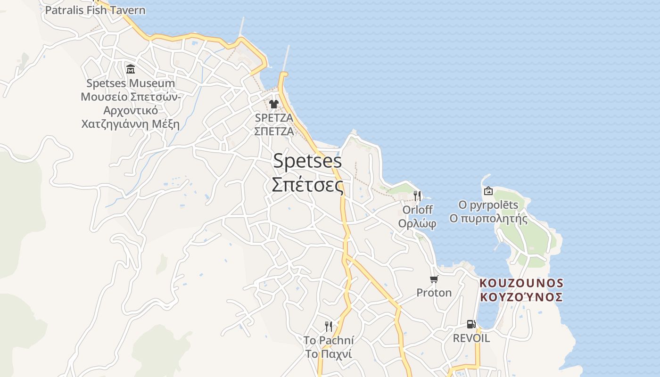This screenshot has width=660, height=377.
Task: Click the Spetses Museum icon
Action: tap(131, 69)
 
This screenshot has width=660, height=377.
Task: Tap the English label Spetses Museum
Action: tap(131, 83)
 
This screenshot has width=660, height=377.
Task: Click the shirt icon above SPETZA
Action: tap(274, 104)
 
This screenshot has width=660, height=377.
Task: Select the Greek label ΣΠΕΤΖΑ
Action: tap(274, 131)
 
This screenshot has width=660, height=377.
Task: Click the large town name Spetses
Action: tap(307, 161)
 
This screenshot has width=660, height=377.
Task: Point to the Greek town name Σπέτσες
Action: tap(307, 185)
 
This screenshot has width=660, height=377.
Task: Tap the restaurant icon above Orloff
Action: tap(417, 196)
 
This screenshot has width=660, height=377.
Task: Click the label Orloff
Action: tap(417, 209)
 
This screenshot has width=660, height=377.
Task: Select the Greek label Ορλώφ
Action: tap(417, 223)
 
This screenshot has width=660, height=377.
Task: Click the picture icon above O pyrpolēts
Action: tap(488, 191)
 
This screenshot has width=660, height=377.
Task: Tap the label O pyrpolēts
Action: tap(488, 205)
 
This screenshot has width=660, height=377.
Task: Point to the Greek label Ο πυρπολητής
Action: tap(488, 219)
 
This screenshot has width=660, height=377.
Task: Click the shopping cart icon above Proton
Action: tap(434, 279)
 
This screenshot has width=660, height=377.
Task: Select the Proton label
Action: tap(434, 293)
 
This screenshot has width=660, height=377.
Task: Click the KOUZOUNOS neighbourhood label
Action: tap(521, 283)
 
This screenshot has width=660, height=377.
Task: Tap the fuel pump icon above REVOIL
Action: tap(471, 324)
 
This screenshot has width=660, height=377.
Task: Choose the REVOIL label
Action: tap(471, 338)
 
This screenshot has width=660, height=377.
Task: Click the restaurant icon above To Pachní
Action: tap(329, 326)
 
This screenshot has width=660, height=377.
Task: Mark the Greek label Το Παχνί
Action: tap(329, 354)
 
